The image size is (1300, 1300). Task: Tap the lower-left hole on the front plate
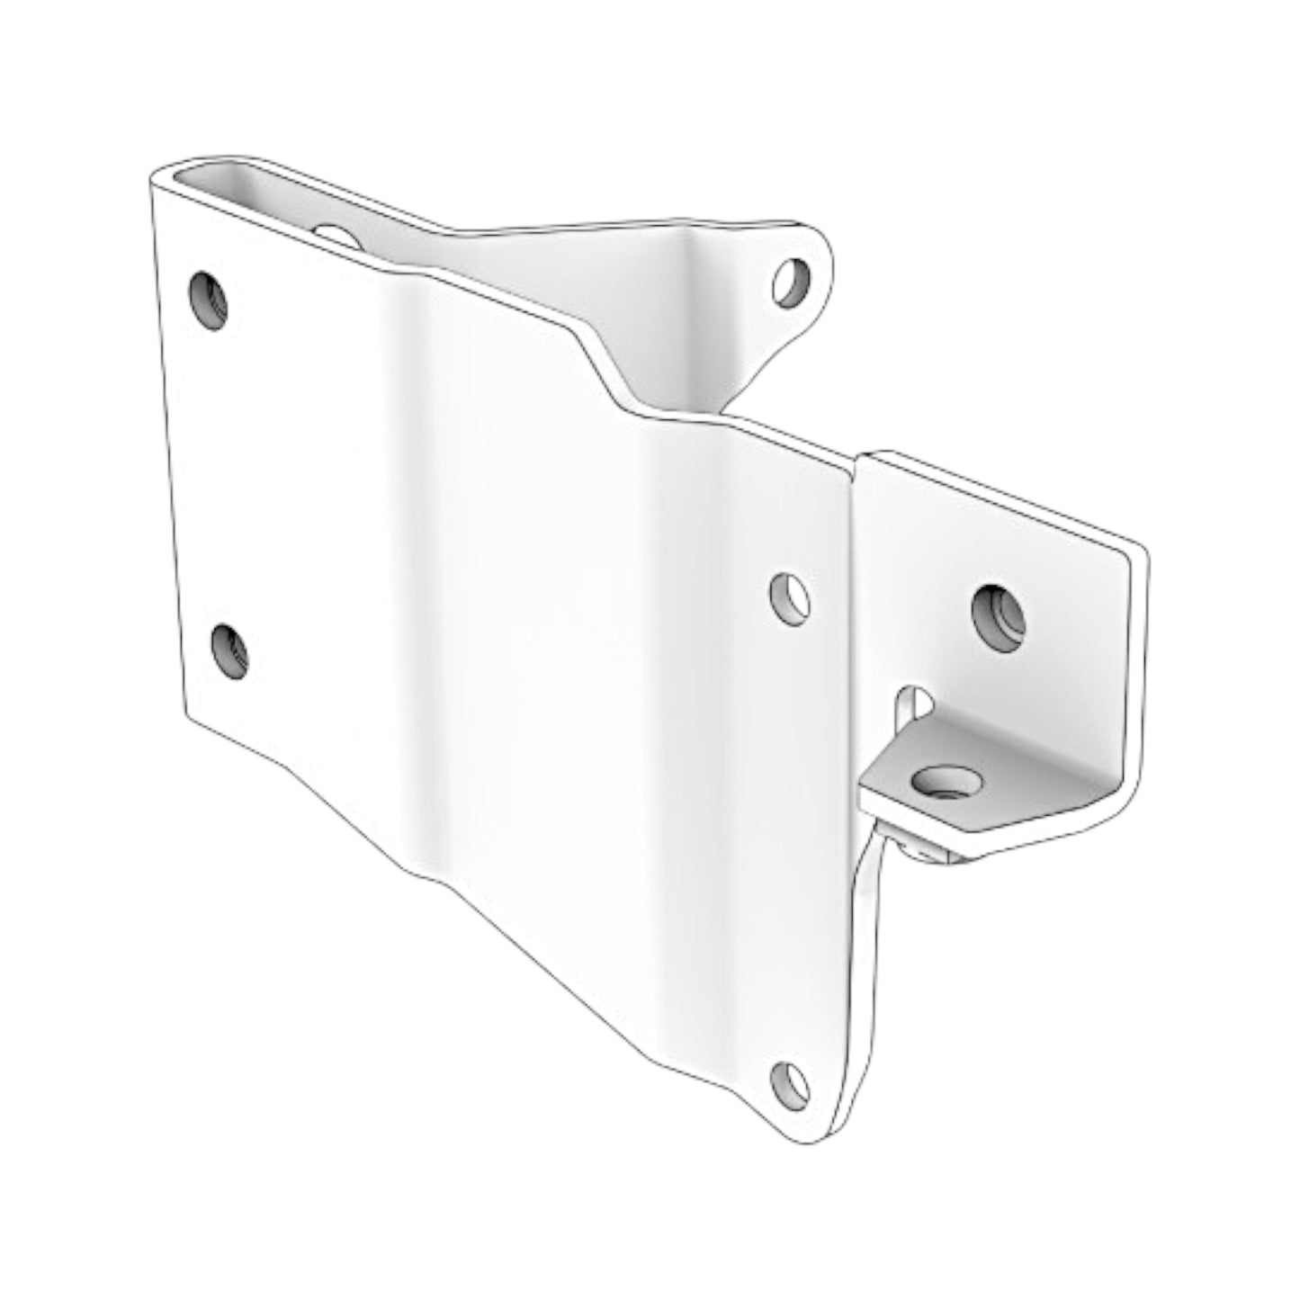coord(230,651)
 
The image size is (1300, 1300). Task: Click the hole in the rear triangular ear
coord(793,282)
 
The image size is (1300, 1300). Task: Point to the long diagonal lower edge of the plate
coord(504,927)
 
